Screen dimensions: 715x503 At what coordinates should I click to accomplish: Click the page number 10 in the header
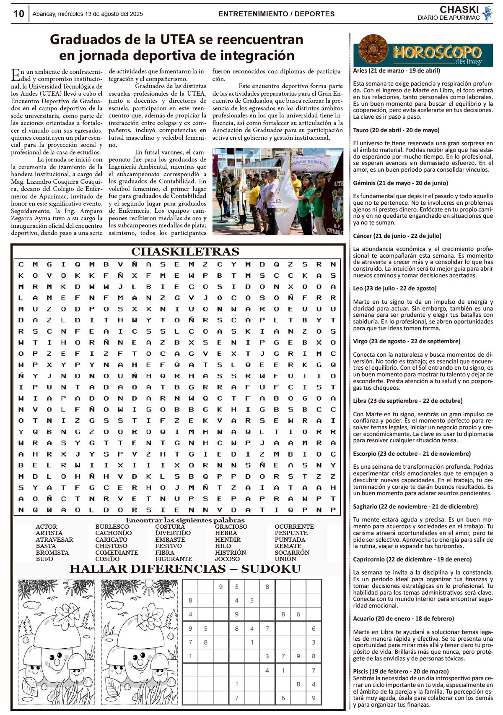(x=19, y=14)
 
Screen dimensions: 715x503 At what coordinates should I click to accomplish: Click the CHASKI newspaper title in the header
(x=459, y=10)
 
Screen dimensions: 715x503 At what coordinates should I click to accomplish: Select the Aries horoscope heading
(x=397, y=70)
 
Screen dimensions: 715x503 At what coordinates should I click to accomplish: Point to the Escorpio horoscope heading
(x=412, y=454)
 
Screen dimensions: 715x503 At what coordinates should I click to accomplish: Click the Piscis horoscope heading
(x=401, y=671)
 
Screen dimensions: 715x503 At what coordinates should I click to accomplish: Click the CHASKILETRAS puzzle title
(x=185, y=252)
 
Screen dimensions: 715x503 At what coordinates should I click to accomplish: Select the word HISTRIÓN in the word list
(x=231, y=553)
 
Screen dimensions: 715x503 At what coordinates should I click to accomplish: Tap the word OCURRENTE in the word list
(x=294, y=527)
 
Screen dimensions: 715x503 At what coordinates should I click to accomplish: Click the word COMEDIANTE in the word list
(x=117, y=553)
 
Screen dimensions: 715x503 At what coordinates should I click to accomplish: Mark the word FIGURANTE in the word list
(x=174, y=559)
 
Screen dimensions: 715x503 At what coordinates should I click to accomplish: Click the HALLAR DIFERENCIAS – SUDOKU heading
(x=185, y=569)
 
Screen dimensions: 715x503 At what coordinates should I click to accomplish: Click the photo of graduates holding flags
(x=277, y=191)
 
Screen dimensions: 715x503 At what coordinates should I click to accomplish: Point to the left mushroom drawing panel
(x=56, y=642)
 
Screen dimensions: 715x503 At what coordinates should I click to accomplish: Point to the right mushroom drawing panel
(x=140, y=642)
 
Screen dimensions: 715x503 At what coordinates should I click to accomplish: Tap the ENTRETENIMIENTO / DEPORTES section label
(x=276, y=14)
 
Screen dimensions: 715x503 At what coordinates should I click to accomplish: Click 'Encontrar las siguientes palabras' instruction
(x=185, y=520)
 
